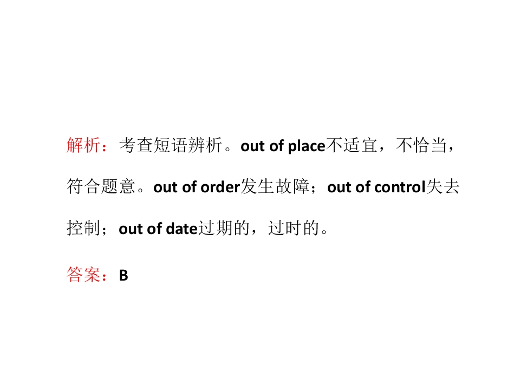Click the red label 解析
(83, 145)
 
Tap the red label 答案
(83, 275)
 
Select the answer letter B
(123, 275)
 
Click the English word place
(307, 146)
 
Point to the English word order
(220, 187)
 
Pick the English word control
(400, 187)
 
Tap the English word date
(182, 229)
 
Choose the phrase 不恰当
(421, 145)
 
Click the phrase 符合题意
(101, 186)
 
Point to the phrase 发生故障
(275, 186)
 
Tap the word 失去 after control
(443, 186)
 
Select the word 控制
(83, 228)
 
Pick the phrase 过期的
(224, 228)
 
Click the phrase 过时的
(294, 228)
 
